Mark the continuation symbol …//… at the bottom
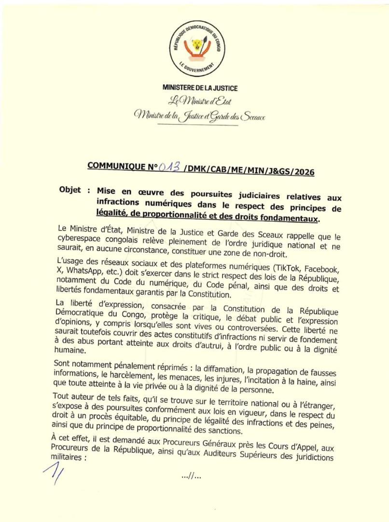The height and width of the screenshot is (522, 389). [x=192, y=478]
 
